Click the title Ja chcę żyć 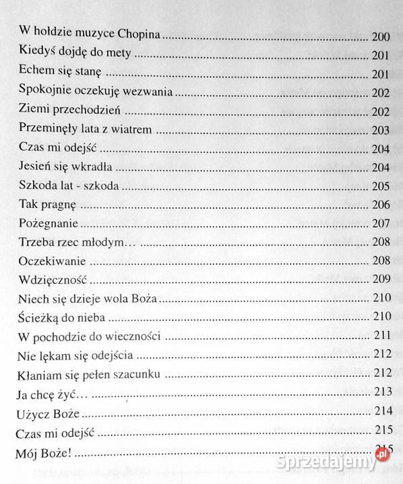tap(48, 391)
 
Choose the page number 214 tap(382, 410)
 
